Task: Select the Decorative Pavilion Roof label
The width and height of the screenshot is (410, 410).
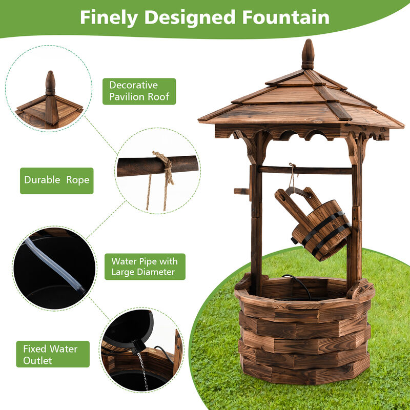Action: tap(138, 91)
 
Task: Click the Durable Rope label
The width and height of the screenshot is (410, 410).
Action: tap(56, 180)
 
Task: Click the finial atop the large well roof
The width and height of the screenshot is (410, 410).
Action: tap(307, 54)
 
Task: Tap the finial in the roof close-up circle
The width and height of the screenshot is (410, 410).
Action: tap(50, 83)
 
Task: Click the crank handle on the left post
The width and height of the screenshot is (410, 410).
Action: tap(242, 191)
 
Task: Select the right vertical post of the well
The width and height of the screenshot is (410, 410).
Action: tap(354, 215)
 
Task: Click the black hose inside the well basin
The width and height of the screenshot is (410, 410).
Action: tap(302, 284)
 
